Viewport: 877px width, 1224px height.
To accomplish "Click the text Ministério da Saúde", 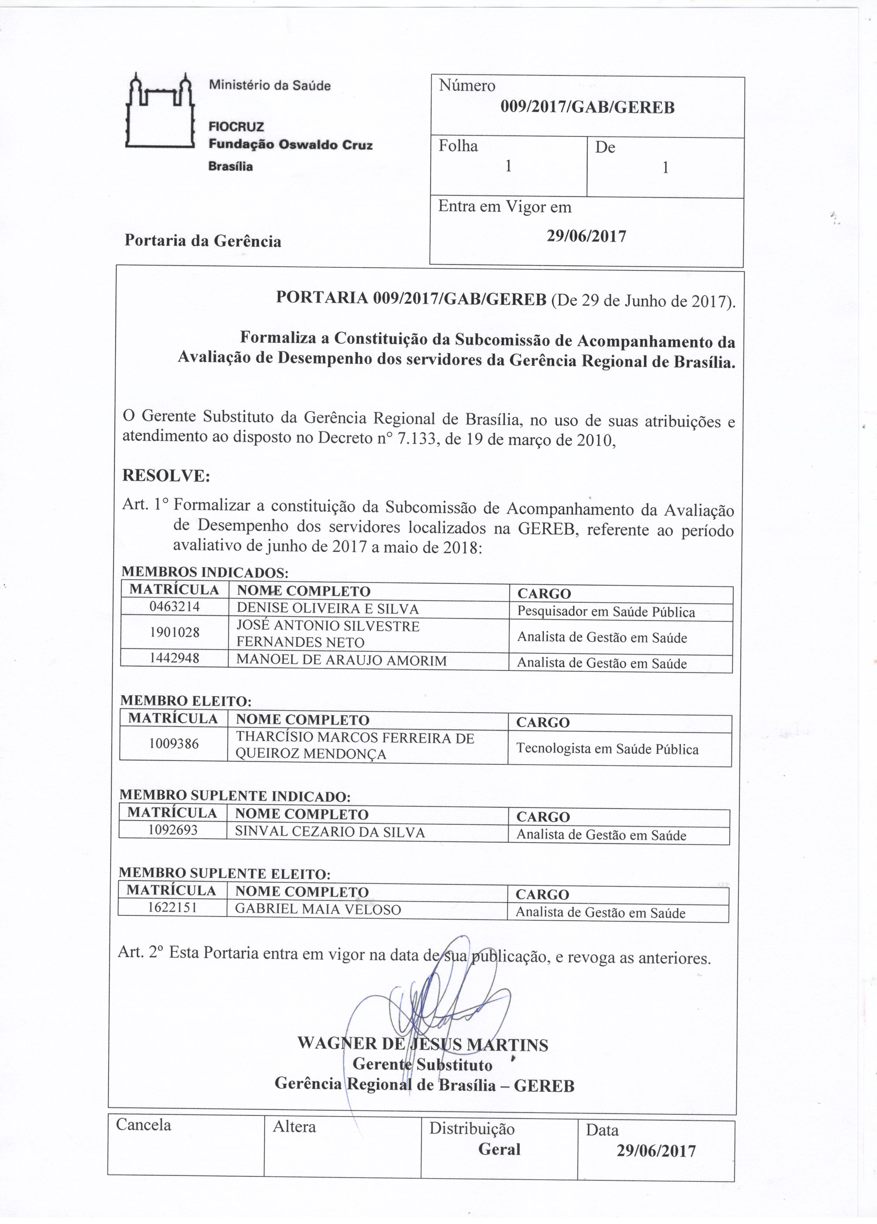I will click(269, 85).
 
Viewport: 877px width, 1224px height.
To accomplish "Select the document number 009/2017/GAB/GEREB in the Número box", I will click(587, 107).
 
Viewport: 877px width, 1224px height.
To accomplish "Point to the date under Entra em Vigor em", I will click(586, 236).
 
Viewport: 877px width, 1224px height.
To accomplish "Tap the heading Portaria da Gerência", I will click(203, 241).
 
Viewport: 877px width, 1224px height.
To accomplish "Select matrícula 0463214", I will click(174, 607).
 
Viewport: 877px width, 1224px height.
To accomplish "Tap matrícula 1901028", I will click(174, 632).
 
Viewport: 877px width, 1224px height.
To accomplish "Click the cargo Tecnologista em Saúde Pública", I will click(607, 749).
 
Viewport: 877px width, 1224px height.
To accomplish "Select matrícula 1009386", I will click(174, 744).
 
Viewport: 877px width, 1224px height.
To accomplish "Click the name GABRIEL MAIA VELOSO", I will click(318, 910).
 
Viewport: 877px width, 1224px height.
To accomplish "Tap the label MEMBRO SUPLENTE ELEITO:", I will click(224, 873).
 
